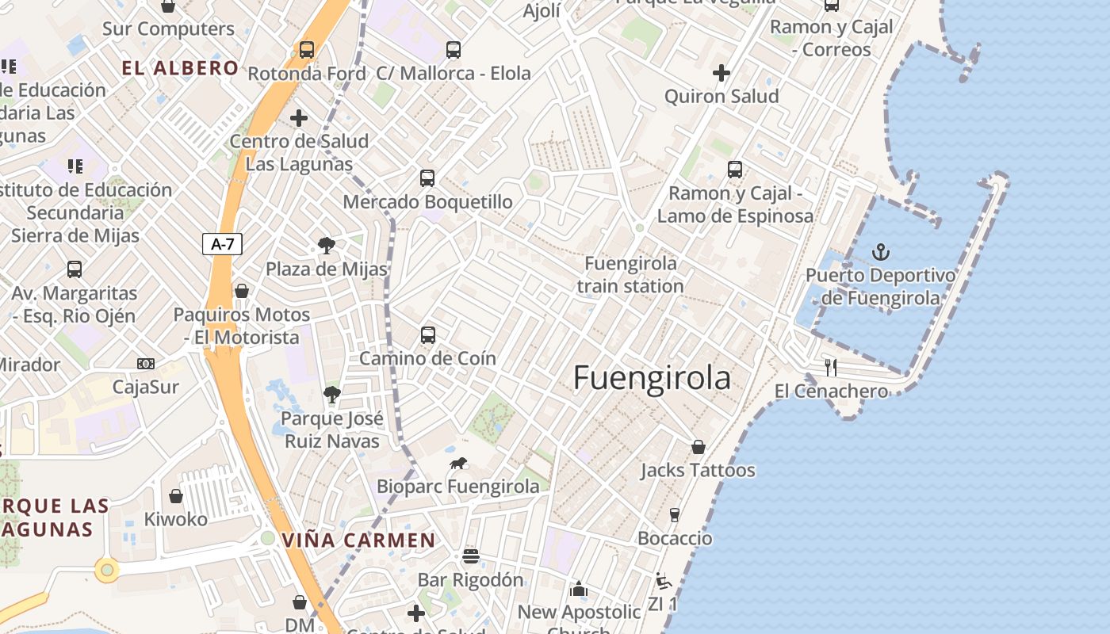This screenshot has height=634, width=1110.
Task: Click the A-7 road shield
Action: [222, 244]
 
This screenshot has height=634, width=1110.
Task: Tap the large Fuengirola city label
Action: [652, 378]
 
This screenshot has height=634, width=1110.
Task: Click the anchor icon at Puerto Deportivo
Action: [881, 252]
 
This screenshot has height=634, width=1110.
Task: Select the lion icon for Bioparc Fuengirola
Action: [458, 463]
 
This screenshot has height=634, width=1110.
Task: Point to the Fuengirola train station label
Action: [630, 274]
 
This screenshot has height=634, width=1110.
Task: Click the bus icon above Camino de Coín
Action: [428, 334]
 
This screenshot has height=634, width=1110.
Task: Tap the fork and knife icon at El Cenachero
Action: [831, 367]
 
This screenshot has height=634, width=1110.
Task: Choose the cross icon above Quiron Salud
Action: [721, 73]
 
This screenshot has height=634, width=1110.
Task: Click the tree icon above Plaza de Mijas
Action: [326, 245]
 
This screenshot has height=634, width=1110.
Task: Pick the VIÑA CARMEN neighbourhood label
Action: [359, 540]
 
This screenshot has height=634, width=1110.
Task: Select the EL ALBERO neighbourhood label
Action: [180, 68]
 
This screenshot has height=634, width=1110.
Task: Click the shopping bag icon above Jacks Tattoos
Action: [699, 447]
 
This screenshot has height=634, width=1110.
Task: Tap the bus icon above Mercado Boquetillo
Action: [427, 178]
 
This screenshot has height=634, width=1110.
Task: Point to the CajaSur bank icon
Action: [145, 364]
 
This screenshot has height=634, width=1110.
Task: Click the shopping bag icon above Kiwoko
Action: [176, 496]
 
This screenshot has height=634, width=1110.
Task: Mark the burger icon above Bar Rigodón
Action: [471, 556]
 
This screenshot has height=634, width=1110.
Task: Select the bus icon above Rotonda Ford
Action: [307, 49]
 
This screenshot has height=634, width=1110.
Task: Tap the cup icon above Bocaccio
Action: [675, 514]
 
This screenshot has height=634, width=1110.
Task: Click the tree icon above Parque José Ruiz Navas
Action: [331, 393]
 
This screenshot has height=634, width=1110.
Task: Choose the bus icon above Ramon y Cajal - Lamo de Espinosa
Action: [735, 169]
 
